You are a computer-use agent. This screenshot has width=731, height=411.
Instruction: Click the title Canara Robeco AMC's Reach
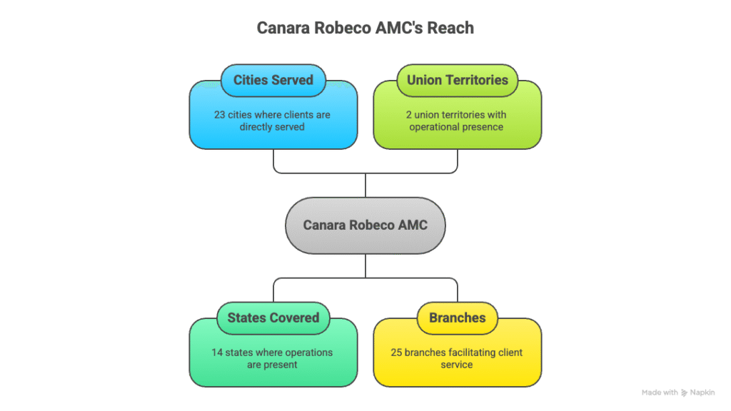365,29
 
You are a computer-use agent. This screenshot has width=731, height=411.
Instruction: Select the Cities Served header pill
273,80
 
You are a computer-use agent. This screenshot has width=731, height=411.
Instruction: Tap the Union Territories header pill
458,80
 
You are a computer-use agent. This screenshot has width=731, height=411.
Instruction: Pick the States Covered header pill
273,318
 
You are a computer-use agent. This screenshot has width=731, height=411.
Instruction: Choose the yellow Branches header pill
458,318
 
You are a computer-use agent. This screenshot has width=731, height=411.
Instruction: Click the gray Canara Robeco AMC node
365,225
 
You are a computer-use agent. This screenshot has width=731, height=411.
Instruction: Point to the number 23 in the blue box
221,114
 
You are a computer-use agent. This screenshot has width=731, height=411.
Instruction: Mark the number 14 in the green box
218,352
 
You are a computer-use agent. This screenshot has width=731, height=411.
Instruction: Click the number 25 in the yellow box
397,352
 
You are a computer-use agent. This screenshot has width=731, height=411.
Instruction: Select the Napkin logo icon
685,392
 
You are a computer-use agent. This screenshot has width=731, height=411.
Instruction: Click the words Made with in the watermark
660,392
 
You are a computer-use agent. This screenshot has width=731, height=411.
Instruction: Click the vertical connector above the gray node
365,185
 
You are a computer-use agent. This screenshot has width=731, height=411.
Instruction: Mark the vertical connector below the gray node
365,266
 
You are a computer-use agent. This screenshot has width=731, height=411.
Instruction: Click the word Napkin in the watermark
702,392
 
